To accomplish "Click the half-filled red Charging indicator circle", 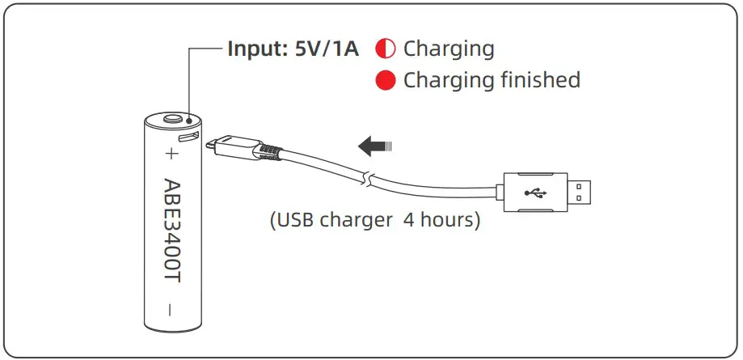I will [x=386, y=49].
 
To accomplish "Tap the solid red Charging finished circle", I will [x=386, y=80].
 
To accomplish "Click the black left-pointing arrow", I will [x=374, y=146].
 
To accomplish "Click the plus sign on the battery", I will [x=171, y=153].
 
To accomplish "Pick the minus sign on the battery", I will [x=171, y=309].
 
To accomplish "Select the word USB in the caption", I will [x=299, y=220].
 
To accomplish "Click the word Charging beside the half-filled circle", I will [x=449, y=49].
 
